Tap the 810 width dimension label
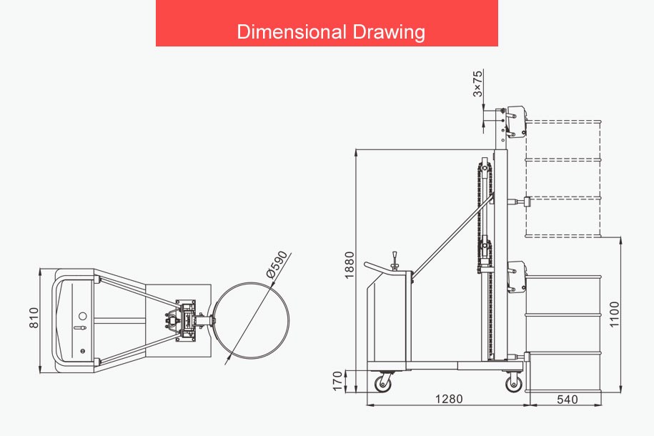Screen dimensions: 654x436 (34, 318)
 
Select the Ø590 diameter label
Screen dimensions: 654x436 (277, 264)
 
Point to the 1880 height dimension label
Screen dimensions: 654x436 (350, 265)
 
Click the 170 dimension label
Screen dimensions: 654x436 (338, 382)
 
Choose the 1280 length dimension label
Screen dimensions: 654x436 (449, 400)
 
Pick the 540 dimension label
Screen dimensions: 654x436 (568, 400)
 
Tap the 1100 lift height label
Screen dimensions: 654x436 (615, 314)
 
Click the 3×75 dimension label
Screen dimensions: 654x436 (478, 84)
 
